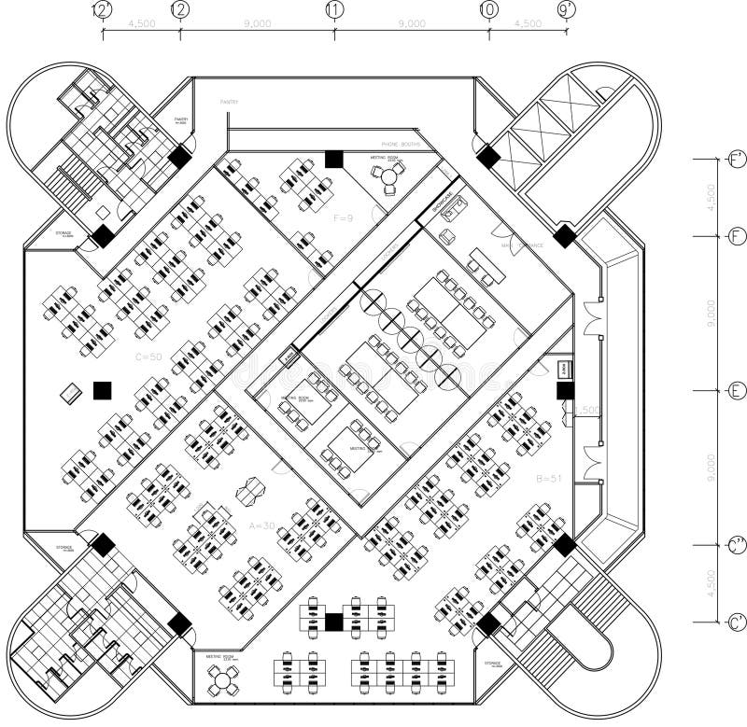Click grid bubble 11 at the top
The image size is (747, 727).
tap(334, 9)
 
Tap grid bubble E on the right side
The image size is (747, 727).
tap(736, 390)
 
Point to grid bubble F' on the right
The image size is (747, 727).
tap(736, 161)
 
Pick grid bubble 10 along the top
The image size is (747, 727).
tap(488, 9)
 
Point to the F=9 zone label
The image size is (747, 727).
tap(345, 217)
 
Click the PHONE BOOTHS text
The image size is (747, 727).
tap(402, 145)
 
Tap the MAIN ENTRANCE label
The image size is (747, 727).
tap(522, 245)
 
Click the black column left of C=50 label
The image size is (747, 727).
tap(102, 390)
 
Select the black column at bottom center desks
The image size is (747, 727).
tap(334, 621)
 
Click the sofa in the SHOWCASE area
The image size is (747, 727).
tap(454, 209)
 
